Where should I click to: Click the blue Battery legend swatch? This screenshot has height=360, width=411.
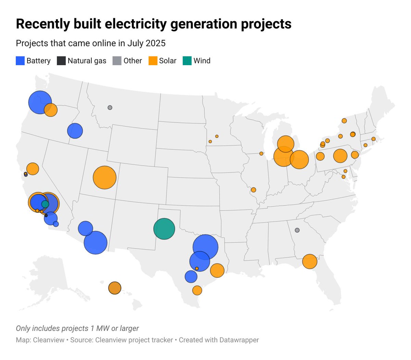pos(20,61)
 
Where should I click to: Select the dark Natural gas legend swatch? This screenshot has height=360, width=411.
pos(61,61)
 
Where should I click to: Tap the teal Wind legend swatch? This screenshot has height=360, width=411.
pos(187,61)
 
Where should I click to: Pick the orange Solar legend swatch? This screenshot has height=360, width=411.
pos(153,61)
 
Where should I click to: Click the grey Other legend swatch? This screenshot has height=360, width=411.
pos(117,61)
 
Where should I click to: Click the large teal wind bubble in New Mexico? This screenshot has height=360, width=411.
pos(164,229)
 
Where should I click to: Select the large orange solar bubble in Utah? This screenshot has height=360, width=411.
pos(104,178)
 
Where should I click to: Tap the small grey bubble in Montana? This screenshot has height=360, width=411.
pos(110,107)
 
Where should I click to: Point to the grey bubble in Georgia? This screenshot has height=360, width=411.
pos(297,230)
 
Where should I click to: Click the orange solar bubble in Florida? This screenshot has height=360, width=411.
pos(310,262)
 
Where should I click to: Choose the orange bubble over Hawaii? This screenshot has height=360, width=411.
pos(115,288)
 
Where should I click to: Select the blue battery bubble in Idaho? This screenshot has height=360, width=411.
pos(75,131)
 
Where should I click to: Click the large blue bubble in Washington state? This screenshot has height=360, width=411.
pos(40,102)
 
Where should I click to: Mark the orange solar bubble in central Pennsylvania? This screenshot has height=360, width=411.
pos(340,156)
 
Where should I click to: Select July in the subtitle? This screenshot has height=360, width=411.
pos(136,44)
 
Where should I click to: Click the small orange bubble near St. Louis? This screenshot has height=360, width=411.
pos(253,190)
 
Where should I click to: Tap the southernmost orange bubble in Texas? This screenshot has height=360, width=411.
pos(197,290)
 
